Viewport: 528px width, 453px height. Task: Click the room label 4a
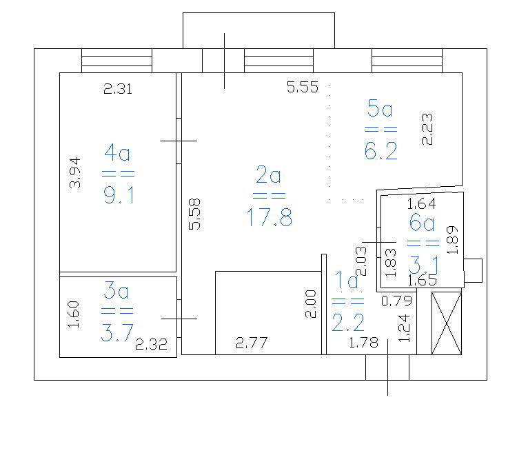click(117, 152)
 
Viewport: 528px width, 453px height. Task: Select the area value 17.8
click(269, 217)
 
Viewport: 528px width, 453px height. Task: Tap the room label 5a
click(380, 108)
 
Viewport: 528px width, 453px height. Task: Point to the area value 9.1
click(119, 195)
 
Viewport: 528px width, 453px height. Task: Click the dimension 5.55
click(303, 88)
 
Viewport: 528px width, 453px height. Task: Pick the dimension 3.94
click(74, 172)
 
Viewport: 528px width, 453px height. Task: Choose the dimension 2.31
click(118, 89)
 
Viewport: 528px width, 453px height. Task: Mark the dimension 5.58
click(194, 214)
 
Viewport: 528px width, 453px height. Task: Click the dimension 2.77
click(251, 343)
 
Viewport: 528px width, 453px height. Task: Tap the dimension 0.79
click(396, 301)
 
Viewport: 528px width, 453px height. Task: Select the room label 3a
click(116, 290)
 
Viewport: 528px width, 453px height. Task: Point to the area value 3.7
click(117, 333)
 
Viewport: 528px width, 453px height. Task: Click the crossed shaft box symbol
click(447, 323)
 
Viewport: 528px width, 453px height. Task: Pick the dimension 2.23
click(427, 130)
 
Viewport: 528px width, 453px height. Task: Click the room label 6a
click(422, 223)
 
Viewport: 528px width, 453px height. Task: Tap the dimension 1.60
click(73, 314)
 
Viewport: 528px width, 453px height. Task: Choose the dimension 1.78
click(364, 343)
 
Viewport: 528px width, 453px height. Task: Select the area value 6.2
click(381, 150)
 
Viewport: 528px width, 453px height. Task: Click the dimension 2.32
click(151, 344)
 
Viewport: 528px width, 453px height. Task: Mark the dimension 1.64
click(421, 204)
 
